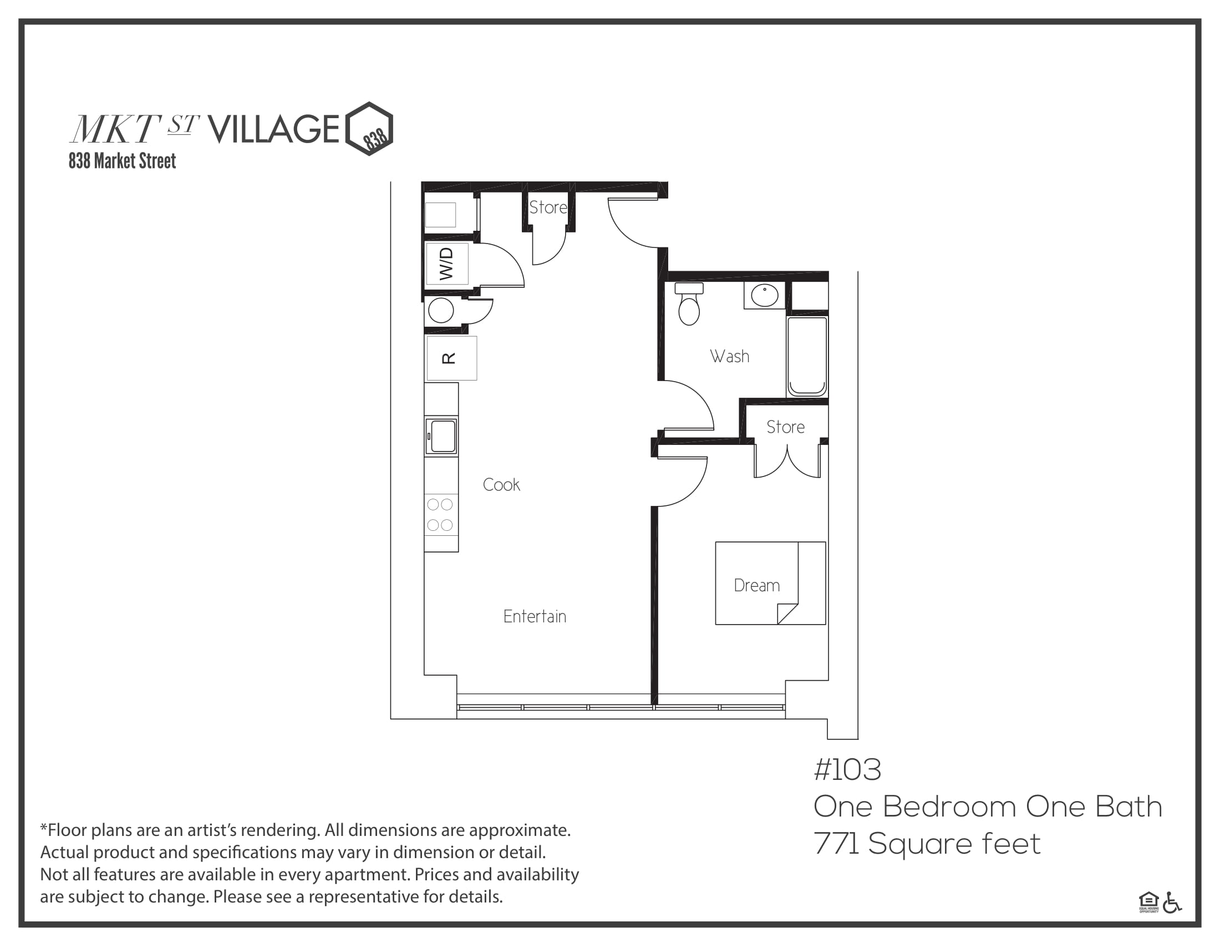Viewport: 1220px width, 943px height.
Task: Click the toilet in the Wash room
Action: (x=689, y=304)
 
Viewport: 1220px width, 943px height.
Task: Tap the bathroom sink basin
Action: (x=764, y=295)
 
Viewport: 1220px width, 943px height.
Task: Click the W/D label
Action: (x=446, y=263)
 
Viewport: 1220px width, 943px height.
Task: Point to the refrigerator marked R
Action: (x=451, y=358)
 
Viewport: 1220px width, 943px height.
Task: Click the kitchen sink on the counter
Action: (x=441, y=437)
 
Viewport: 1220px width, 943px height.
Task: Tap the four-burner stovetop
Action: (x=440, y=515)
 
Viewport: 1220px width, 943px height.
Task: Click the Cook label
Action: (x=501, y=484)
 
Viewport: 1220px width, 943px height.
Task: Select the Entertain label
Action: (x=535, y=616)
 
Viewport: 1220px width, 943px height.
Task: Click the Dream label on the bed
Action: (x=756, y=585)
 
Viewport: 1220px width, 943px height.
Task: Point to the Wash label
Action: (x=730, y=356)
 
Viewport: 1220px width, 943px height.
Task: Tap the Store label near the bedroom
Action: (x=785, y=427)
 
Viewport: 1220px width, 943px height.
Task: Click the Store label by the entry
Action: (x=548, y=207)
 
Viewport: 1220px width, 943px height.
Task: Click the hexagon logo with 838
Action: (x=369, y=129)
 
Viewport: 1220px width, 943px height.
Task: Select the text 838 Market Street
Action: (x=123, y=161)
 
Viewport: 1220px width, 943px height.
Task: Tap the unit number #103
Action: (x=847, y=770)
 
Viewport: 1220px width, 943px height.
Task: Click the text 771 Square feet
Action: (x=927, y=844)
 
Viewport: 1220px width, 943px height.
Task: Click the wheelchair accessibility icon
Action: (x=1172, y=903)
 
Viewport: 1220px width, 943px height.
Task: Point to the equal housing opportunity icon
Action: (x=1148, y=903)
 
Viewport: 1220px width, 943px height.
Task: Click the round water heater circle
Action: (x=441, y=311)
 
